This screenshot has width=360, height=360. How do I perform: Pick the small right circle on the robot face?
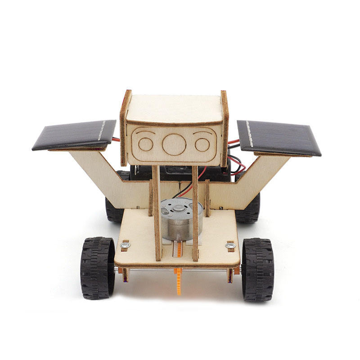[202, 144]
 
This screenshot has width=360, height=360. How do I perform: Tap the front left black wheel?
[98, 268]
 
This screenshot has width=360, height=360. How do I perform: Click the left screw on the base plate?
[126, 245]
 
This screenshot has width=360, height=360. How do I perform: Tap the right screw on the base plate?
[230, 246]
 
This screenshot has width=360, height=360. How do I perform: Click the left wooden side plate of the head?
[125, 128]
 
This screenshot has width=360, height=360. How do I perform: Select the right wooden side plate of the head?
[224, 128]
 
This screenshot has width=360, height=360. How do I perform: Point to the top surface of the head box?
[174, 108]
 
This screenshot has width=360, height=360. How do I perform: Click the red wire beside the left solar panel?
[116, 139]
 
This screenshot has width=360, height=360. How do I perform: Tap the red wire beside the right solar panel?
[234, 143]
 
